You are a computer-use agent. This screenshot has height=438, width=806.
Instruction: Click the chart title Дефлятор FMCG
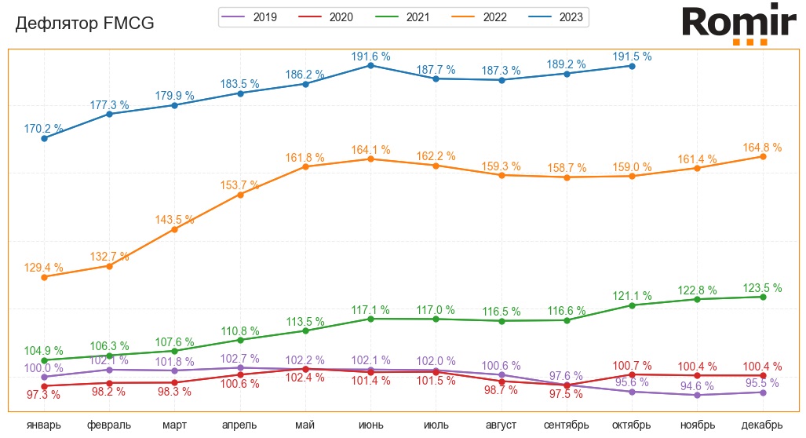coord(85,24)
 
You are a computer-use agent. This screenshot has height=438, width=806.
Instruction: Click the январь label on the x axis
coord(44,425)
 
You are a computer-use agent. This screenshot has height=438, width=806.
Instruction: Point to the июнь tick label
coord(370,425)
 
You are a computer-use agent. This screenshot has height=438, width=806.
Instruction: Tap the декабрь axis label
coord(762,425)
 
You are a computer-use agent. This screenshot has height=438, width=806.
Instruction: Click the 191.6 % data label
coord(370,57)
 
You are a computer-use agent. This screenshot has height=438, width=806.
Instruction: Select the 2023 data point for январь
coord(44,138)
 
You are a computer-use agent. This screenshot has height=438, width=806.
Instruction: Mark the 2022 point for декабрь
coord(762,157)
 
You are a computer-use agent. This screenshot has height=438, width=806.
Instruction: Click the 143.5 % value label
coord(174,220)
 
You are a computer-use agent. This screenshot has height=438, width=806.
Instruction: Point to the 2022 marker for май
coord(305,166)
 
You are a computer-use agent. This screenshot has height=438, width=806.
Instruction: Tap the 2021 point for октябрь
coord(632,305)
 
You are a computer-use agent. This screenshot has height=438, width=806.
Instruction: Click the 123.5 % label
coord(762,288)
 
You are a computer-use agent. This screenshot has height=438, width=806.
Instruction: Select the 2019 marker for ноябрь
coord(697,395)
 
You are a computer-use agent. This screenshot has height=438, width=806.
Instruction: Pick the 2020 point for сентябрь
coord(567,385)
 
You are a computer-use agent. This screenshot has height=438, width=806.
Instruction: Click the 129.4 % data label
coord(44,268)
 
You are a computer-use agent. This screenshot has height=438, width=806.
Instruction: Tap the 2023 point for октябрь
coord(632,66)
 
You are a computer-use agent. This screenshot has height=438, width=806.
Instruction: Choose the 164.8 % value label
coord(762,148)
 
